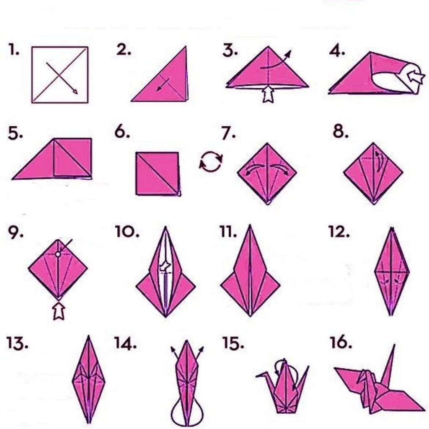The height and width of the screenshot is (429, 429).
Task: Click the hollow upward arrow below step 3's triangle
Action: coord(267,95)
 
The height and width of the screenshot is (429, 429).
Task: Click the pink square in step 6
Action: coord(158,173)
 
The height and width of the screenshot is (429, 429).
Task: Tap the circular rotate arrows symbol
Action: coord(211,161)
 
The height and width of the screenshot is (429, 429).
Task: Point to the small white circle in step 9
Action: coord(58,253)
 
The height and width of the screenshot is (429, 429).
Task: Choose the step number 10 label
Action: coord(127,232)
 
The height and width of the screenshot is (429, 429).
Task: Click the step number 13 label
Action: coord(17,344)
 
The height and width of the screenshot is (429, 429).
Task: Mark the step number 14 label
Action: coord(125,344)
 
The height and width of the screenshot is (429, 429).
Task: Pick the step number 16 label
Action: coord(341,344)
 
